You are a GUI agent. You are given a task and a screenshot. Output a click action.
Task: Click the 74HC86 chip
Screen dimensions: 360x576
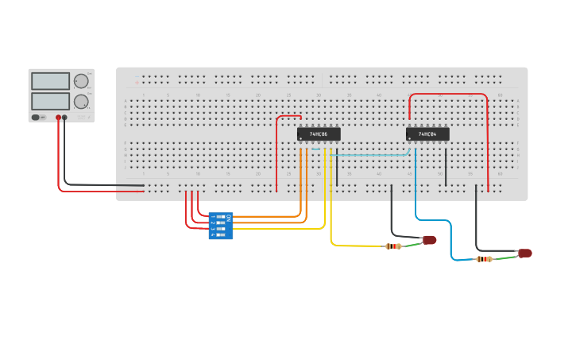point(319,134)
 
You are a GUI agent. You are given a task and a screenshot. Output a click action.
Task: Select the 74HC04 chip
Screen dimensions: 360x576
point(427,134)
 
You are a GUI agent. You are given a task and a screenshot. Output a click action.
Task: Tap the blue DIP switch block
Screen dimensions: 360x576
point(218,226)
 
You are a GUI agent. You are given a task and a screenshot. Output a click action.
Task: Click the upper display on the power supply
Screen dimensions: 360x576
point(50,81)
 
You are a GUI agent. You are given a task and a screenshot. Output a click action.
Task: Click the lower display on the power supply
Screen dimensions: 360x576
point(50,101)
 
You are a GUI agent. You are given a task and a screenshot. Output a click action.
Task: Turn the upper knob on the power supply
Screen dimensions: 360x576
point(81,81)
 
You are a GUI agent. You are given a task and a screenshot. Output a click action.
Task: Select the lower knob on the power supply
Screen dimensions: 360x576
point(81,101)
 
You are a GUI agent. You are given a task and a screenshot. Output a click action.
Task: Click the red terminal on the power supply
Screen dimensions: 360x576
point(58,118)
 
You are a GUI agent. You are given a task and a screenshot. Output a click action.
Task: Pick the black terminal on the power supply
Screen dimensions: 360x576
point(65,118)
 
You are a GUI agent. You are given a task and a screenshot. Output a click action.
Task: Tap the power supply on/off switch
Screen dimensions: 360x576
point(37,118)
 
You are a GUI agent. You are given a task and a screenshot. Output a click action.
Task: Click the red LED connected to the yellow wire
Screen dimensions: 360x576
point(430,239)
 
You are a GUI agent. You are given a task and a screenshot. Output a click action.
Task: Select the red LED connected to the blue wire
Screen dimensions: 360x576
point(524,254)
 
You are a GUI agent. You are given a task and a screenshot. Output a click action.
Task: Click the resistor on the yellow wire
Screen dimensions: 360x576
point(393,246)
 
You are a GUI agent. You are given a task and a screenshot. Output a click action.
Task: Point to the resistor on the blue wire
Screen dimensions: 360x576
point(484,259)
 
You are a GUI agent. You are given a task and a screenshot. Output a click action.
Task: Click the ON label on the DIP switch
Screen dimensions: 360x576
point(230,217)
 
